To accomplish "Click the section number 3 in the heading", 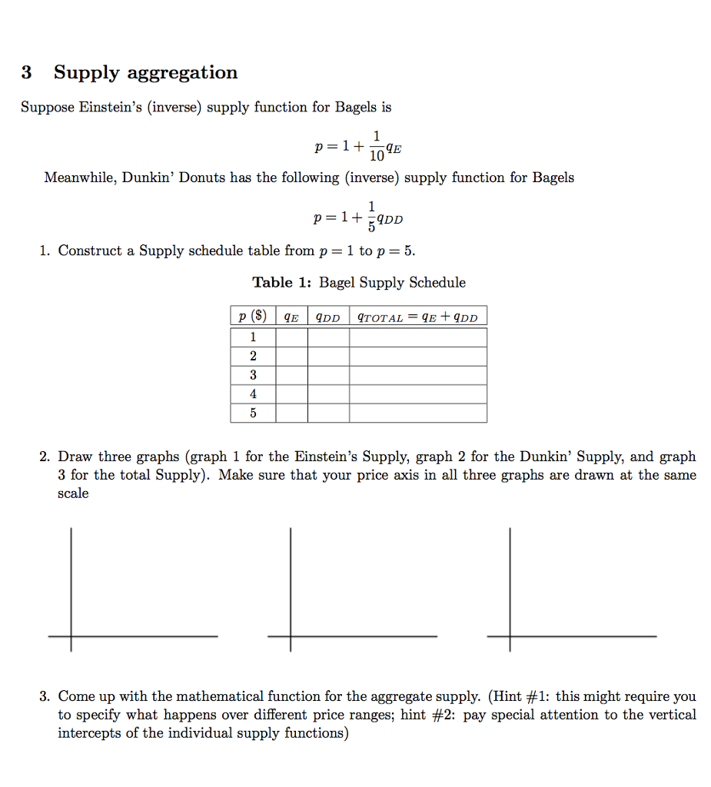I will pos(27,73).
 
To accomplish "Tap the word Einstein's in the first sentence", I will pos(115,107).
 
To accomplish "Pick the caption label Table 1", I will pos(282,282).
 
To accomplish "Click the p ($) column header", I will pos(253,317).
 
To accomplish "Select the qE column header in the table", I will pos(291,317).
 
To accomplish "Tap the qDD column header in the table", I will pos(328,317).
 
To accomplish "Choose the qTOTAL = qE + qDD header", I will pos(417,317).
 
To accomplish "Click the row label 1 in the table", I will pos(253,337).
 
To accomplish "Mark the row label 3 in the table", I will pos(253,375).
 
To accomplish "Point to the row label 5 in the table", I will pos(253,413).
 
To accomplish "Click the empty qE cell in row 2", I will pos(291,356).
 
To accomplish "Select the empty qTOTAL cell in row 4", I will pos(417,393).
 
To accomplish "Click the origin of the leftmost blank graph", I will pos(71,636).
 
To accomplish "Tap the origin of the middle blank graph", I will pos(291,636).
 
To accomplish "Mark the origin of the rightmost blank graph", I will pos(510,636).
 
